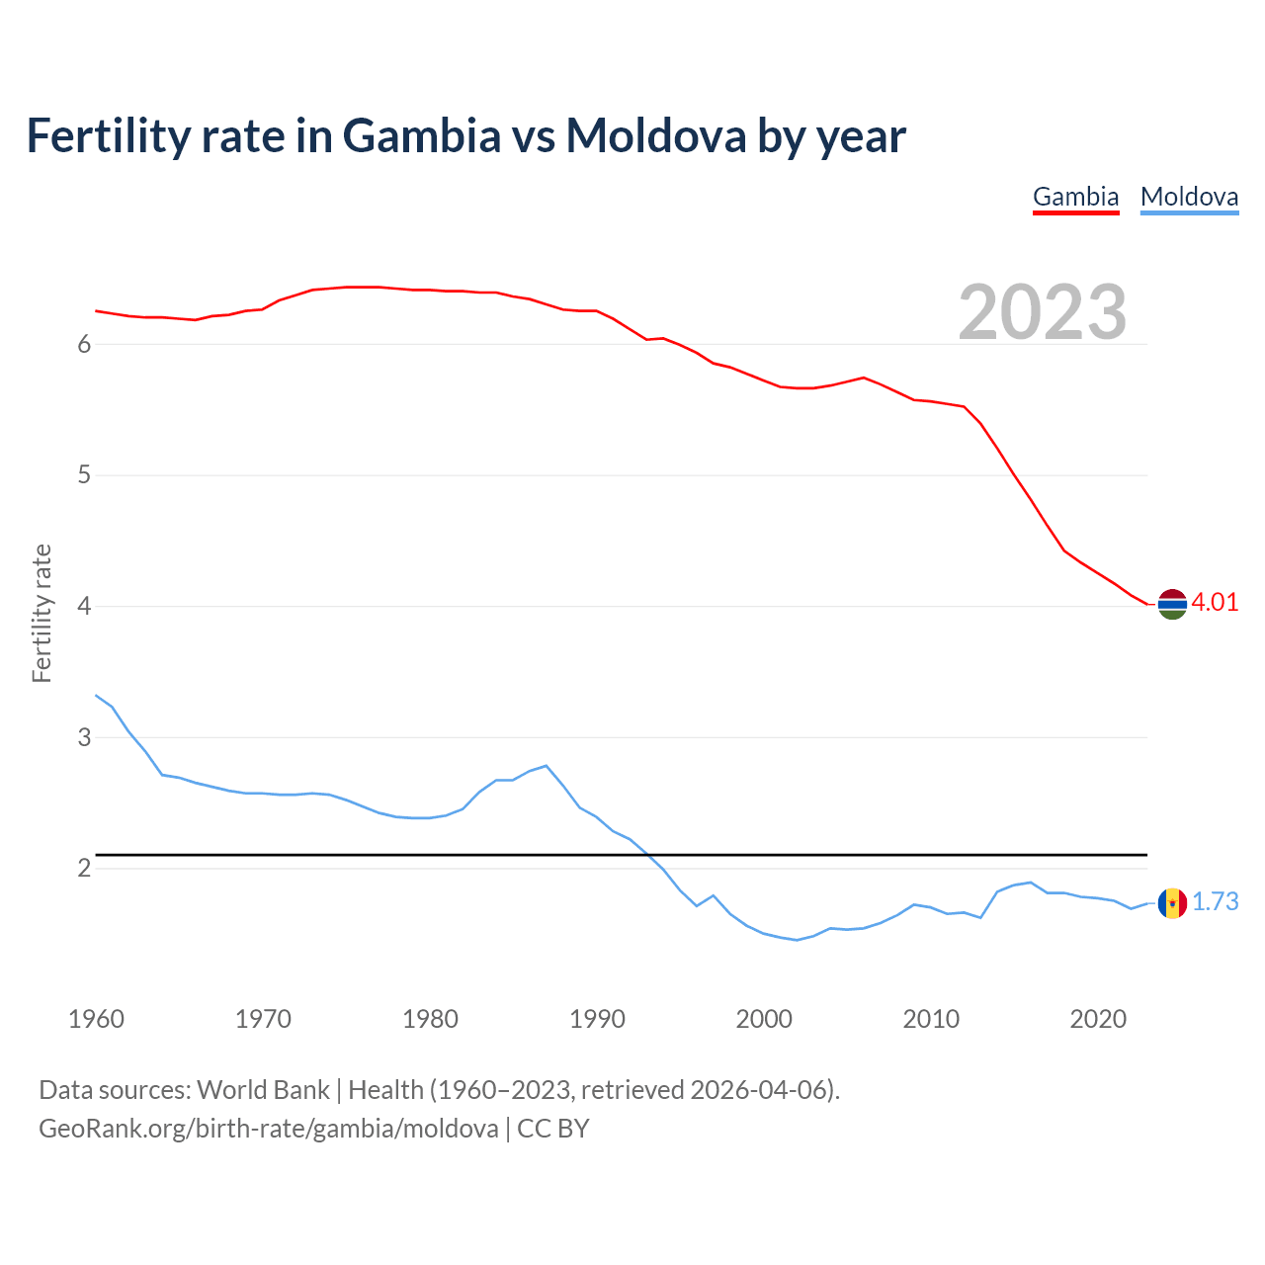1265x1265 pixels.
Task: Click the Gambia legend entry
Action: [x=1075, y=197]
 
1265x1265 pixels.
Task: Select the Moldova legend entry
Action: [x=1189, y=197]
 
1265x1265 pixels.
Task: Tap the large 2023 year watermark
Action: [x=1042, y=312]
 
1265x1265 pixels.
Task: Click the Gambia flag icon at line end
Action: [x=1172, y=603]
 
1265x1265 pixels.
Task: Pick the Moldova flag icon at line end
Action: [x=1172, y=902]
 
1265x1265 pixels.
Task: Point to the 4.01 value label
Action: [x=1215, y=603]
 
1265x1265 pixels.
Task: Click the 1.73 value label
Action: [x=1215, y=902]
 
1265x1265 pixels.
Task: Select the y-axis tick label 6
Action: [x=84, y=344]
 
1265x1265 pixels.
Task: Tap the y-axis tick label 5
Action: [x=84, y=475]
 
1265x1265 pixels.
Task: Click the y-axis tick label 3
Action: [x=84, y=737]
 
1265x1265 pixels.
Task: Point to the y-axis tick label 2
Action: [x=84, y=869]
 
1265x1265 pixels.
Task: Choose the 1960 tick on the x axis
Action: [x=96, y=1019]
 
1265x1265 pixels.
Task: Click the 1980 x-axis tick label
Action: [x=430, y=1019]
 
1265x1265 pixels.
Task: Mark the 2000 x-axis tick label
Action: [x=764, y=1019]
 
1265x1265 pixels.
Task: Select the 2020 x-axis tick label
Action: [x=1098, y=1019]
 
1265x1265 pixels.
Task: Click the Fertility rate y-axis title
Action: [x=42, y=613]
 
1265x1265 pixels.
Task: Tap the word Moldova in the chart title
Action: [x=655, y=136]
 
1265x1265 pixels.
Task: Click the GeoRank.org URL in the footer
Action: [x=268, y=1129]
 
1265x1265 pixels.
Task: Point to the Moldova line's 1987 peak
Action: [x=547, y=766]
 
